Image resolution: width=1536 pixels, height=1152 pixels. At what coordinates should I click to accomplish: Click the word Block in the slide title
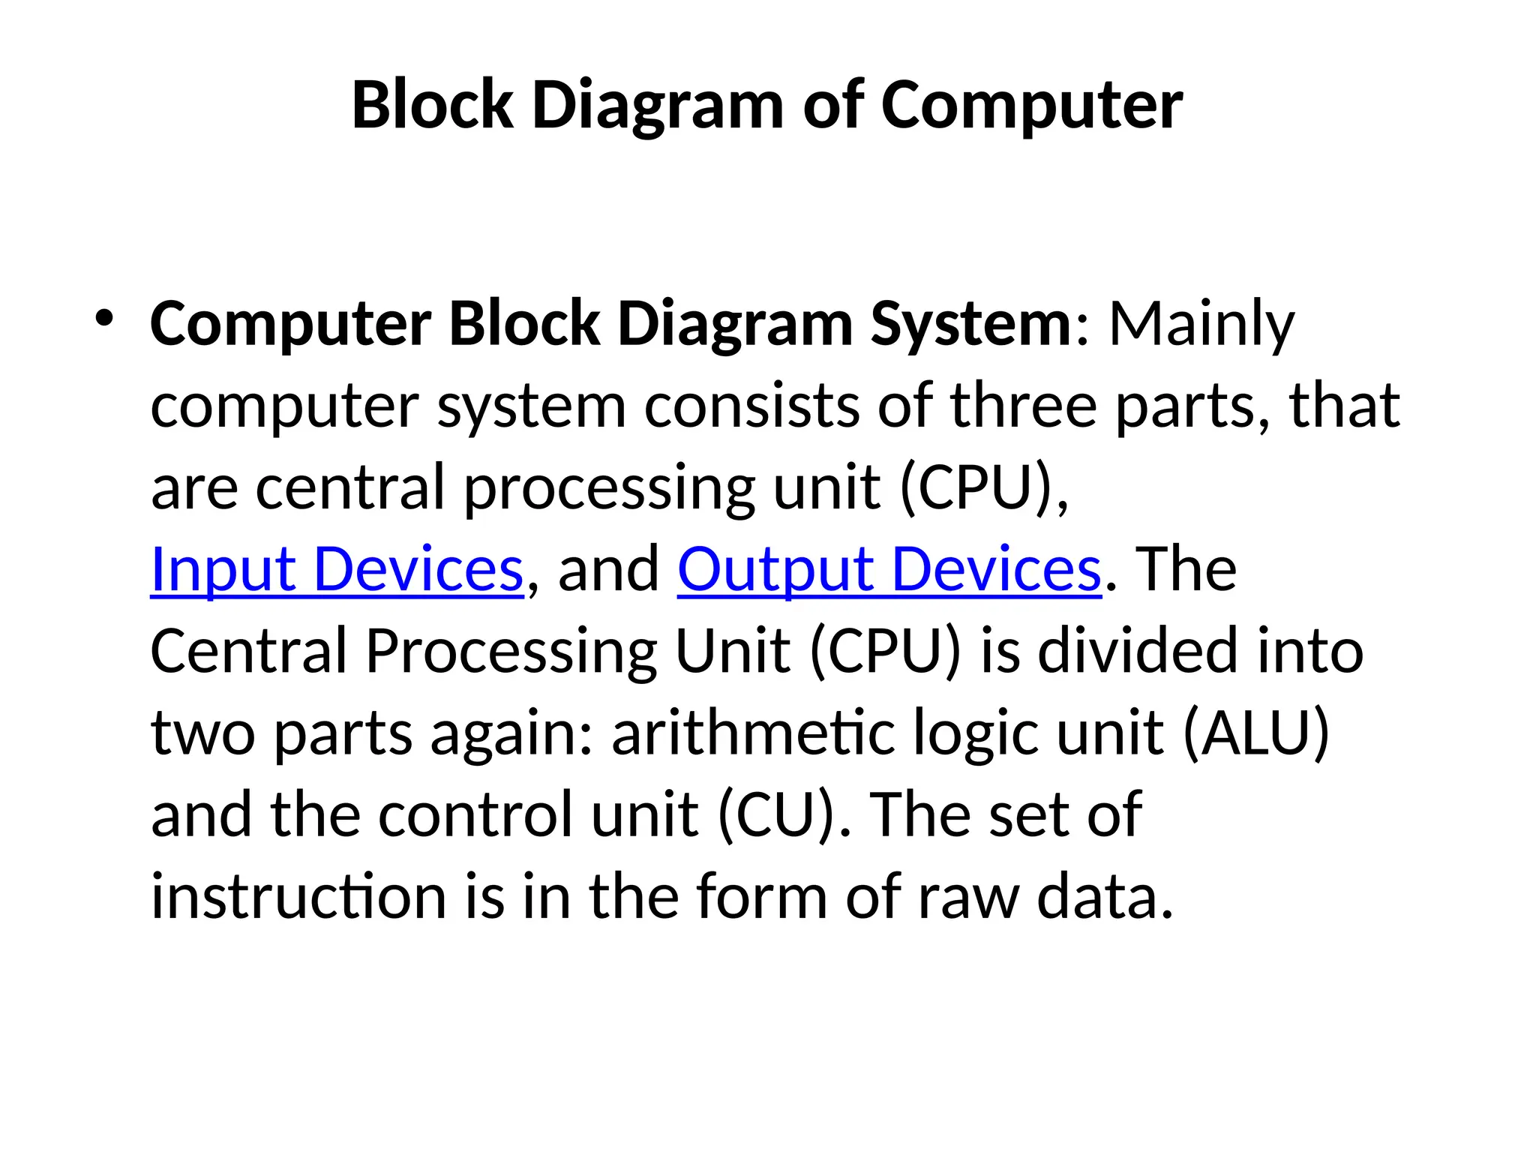pyautogui.click(x=433, y=105)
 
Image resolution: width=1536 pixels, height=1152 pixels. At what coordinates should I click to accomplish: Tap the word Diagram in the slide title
pyautogui.click(x=658, y=105)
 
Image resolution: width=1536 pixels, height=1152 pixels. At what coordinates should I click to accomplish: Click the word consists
pyautogui.click(x=751, y=406)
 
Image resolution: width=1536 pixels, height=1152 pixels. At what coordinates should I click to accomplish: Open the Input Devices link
pyautogui.click(x=337, y=569)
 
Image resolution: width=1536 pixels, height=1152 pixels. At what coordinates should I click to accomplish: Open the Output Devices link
pyautogui.click(x=889, y=569)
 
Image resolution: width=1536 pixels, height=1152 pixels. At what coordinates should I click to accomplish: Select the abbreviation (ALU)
pyautogui.click(x=1255, y=733)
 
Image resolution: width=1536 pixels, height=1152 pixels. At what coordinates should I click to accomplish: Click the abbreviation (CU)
pyautogui.click(x=775, y=814)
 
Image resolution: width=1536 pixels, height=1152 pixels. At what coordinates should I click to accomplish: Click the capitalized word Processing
pyautogui.click(x=511, y=651)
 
